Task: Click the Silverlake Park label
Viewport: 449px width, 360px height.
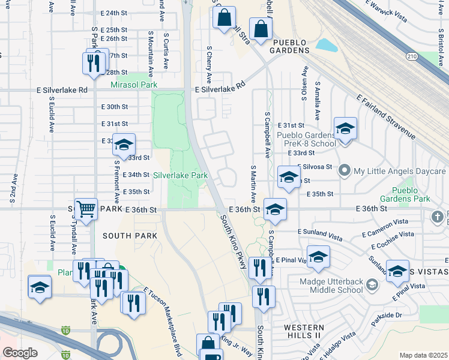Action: coord(180,175)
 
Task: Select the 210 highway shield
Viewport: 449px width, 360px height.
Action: coord(412,56)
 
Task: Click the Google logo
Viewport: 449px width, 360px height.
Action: coord(20,352)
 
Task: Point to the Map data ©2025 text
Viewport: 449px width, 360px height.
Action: coord(423,355)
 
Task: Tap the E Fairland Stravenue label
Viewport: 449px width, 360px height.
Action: coord(385,118)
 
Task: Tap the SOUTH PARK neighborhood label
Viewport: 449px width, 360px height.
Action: coord(130,236)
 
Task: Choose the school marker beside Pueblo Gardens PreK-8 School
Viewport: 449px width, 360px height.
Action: coord(345,129)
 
